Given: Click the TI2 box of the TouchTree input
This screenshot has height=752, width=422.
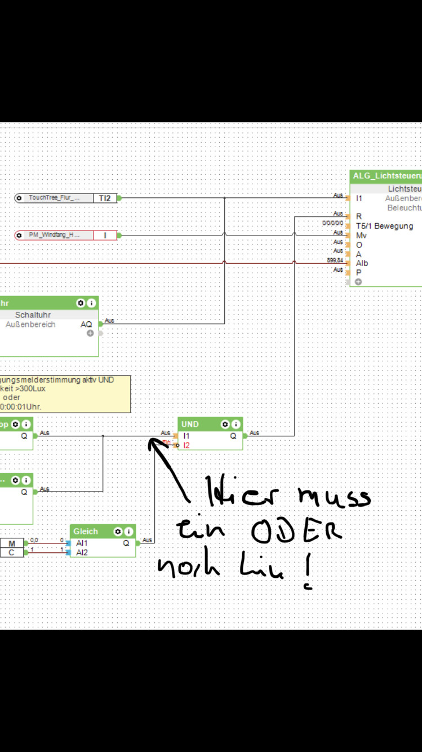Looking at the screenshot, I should coord(105,198).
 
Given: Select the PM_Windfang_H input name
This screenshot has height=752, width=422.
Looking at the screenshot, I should coord(54,235).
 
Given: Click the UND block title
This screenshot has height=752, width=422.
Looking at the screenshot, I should coord(190,424).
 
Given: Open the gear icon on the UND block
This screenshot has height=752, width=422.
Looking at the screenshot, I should coord(225,424).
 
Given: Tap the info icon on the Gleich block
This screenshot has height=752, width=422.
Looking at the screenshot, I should coord(129,531).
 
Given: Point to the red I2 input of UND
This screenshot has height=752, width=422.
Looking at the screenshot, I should coord(186,445).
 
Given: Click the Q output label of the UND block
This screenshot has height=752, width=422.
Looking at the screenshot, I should coord(233,436).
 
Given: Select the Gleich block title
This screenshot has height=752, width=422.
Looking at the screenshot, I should coord(86,531).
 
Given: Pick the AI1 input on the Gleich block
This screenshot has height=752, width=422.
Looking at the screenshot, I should coord(82,543).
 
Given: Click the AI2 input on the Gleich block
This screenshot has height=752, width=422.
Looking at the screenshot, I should coord(82,552).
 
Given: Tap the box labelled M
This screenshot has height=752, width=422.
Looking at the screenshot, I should coord(12,543).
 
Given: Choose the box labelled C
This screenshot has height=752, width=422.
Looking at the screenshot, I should coord(12,552).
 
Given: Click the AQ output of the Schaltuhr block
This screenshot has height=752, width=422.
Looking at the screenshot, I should coord(86,324).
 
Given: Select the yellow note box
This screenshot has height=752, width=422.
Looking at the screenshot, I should coord(65,393).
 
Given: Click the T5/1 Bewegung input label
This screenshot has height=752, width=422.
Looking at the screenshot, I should coord(384,226).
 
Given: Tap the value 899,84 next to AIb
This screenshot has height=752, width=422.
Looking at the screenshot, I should coord(335,260).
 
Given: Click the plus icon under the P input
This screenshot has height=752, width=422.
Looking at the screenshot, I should coord(358,281).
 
